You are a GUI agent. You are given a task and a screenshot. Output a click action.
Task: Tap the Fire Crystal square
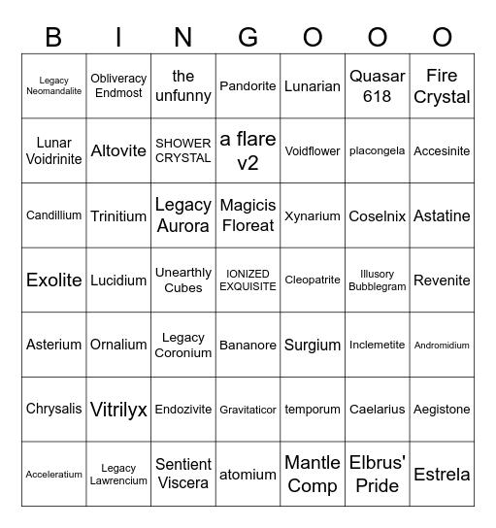click(x=442, y=85)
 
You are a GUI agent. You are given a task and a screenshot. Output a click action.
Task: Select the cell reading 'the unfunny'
click(x=183, y=85)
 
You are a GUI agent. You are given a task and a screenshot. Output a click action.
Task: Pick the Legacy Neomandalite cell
click(x=54, y=85)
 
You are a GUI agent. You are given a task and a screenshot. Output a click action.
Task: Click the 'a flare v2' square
click(x=248, y=150)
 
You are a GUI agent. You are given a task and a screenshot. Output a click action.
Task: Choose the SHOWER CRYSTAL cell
click(x=183, y=150)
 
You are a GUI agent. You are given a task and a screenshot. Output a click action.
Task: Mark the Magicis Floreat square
click(x=248, y=215)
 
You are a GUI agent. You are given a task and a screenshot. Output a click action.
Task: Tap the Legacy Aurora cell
click(x=183, y=215)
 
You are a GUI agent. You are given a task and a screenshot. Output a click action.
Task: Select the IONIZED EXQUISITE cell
click(x=248, y=280)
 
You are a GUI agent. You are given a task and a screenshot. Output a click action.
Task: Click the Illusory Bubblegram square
click(x=377, y=280)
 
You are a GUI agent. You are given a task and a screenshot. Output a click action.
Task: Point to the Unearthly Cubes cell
click(x=183, y=280)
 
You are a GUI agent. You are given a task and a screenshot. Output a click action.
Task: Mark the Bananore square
click(x=248, y=345)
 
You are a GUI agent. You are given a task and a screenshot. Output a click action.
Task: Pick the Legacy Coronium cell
click(x=183, y=345)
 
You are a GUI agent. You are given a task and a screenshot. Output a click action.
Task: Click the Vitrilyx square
click(x=118, y=410)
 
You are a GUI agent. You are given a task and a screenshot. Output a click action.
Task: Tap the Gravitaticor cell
click(x=248, y=410)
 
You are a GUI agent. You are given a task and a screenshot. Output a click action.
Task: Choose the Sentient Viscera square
click(x=183, y=474)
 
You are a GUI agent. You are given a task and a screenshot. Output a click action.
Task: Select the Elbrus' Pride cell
click(x=377, y=474)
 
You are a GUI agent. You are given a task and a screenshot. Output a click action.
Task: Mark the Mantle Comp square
click(x=313, y=474)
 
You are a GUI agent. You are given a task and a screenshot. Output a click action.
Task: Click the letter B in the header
click(x=54, y=37)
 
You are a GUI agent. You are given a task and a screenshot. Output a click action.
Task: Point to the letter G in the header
click(x=248, y=37)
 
